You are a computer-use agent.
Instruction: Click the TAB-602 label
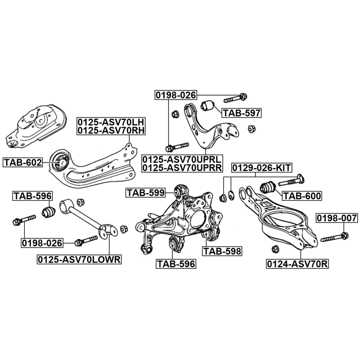pos(23,163)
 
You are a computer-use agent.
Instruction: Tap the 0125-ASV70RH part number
pos(111,130)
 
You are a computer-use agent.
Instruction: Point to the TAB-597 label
pos(241,113)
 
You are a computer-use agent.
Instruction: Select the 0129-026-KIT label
pos(262,168)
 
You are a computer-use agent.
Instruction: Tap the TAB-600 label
pos(301,196)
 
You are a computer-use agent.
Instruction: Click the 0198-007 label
pos(335,218)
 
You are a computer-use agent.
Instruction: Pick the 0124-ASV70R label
pos(297,263)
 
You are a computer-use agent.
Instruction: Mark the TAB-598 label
pos(222,251)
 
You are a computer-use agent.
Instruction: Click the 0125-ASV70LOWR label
pos(79,259)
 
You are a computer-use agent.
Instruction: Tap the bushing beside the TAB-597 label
pos(211,105)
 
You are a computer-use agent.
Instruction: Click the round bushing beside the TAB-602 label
pos(60,163)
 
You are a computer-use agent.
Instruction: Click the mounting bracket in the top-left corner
pos(34,127)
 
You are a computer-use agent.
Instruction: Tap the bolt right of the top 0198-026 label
pos(240,95)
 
